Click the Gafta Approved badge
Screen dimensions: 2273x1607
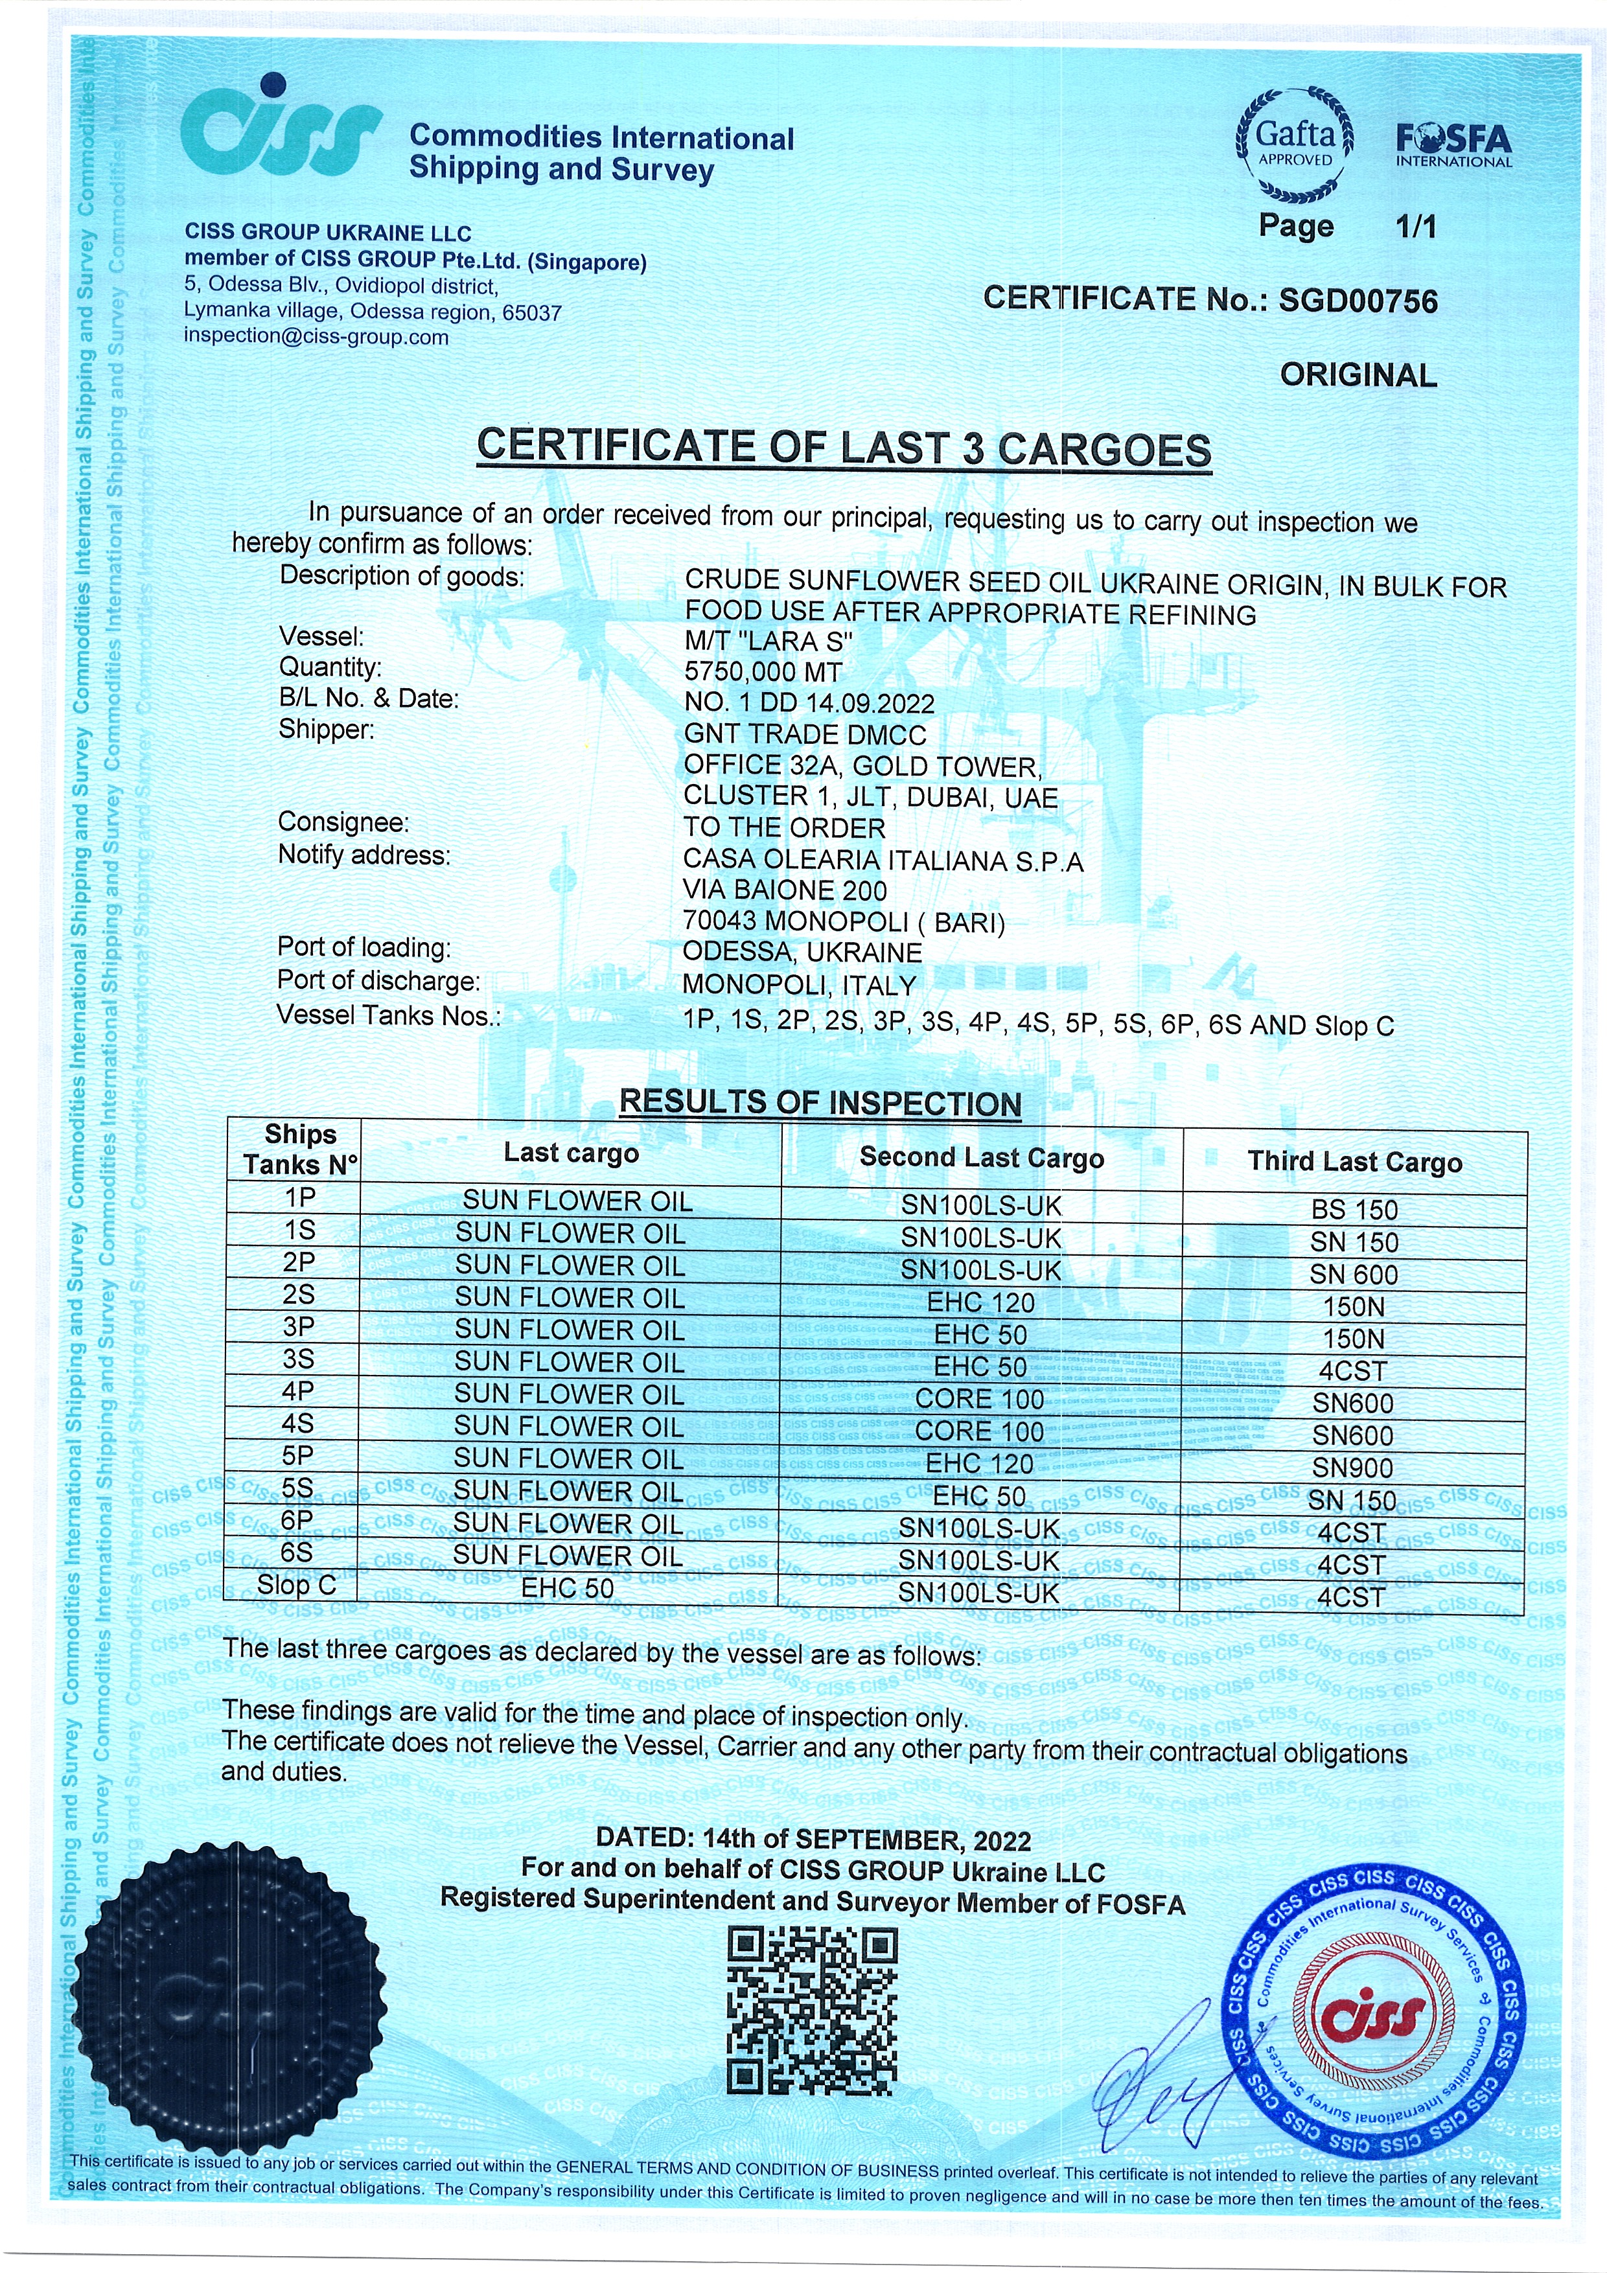pos(1295,144)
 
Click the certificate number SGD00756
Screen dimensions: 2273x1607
pos(1358,301)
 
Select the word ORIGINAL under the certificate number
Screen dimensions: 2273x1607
pos(1358,375)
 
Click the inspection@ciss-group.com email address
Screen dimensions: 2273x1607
pos(316,336)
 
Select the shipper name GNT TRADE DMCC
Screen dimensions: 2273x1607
pos(805,735)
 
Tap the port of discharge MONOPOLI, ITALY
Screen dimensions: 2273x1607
pos(799,985)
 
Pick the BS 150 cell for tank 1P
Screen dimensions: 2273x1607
pos(1354,1210)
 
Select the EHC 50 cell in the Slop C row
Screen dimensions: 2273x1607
pos(568,1588)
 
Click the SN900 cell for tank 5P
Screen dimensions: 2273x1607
pos(1352,1468)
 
